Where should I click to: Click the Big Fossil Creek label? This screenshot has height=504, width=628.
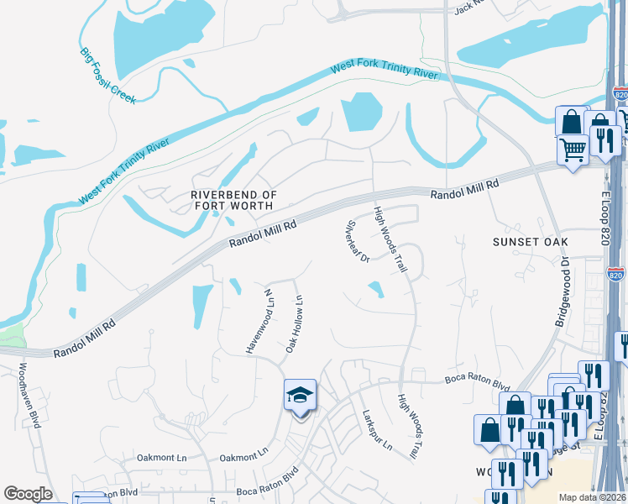coord(107,76)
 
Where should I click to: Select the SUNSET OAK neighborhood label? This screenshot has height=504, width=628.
coord(525,242)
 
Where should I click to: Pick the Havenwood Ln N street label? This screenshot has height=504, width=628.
coord(259,321)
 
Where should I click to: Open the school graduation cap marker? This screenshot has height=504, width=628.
coord(299,395)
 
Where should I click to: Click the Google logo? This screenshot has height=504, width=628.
coord(28,494)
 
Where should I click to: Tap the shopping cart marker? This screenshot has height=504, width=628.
coord(573,150)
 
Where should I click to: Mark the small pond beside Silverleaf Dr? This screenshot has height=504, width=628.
coord(375,290)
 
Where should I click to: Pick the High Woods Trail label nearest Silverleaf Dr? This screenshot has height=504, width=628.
coord(390,239)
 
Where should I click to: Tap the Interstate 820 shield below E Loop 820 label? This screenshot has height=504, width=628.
coord(616,274)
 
